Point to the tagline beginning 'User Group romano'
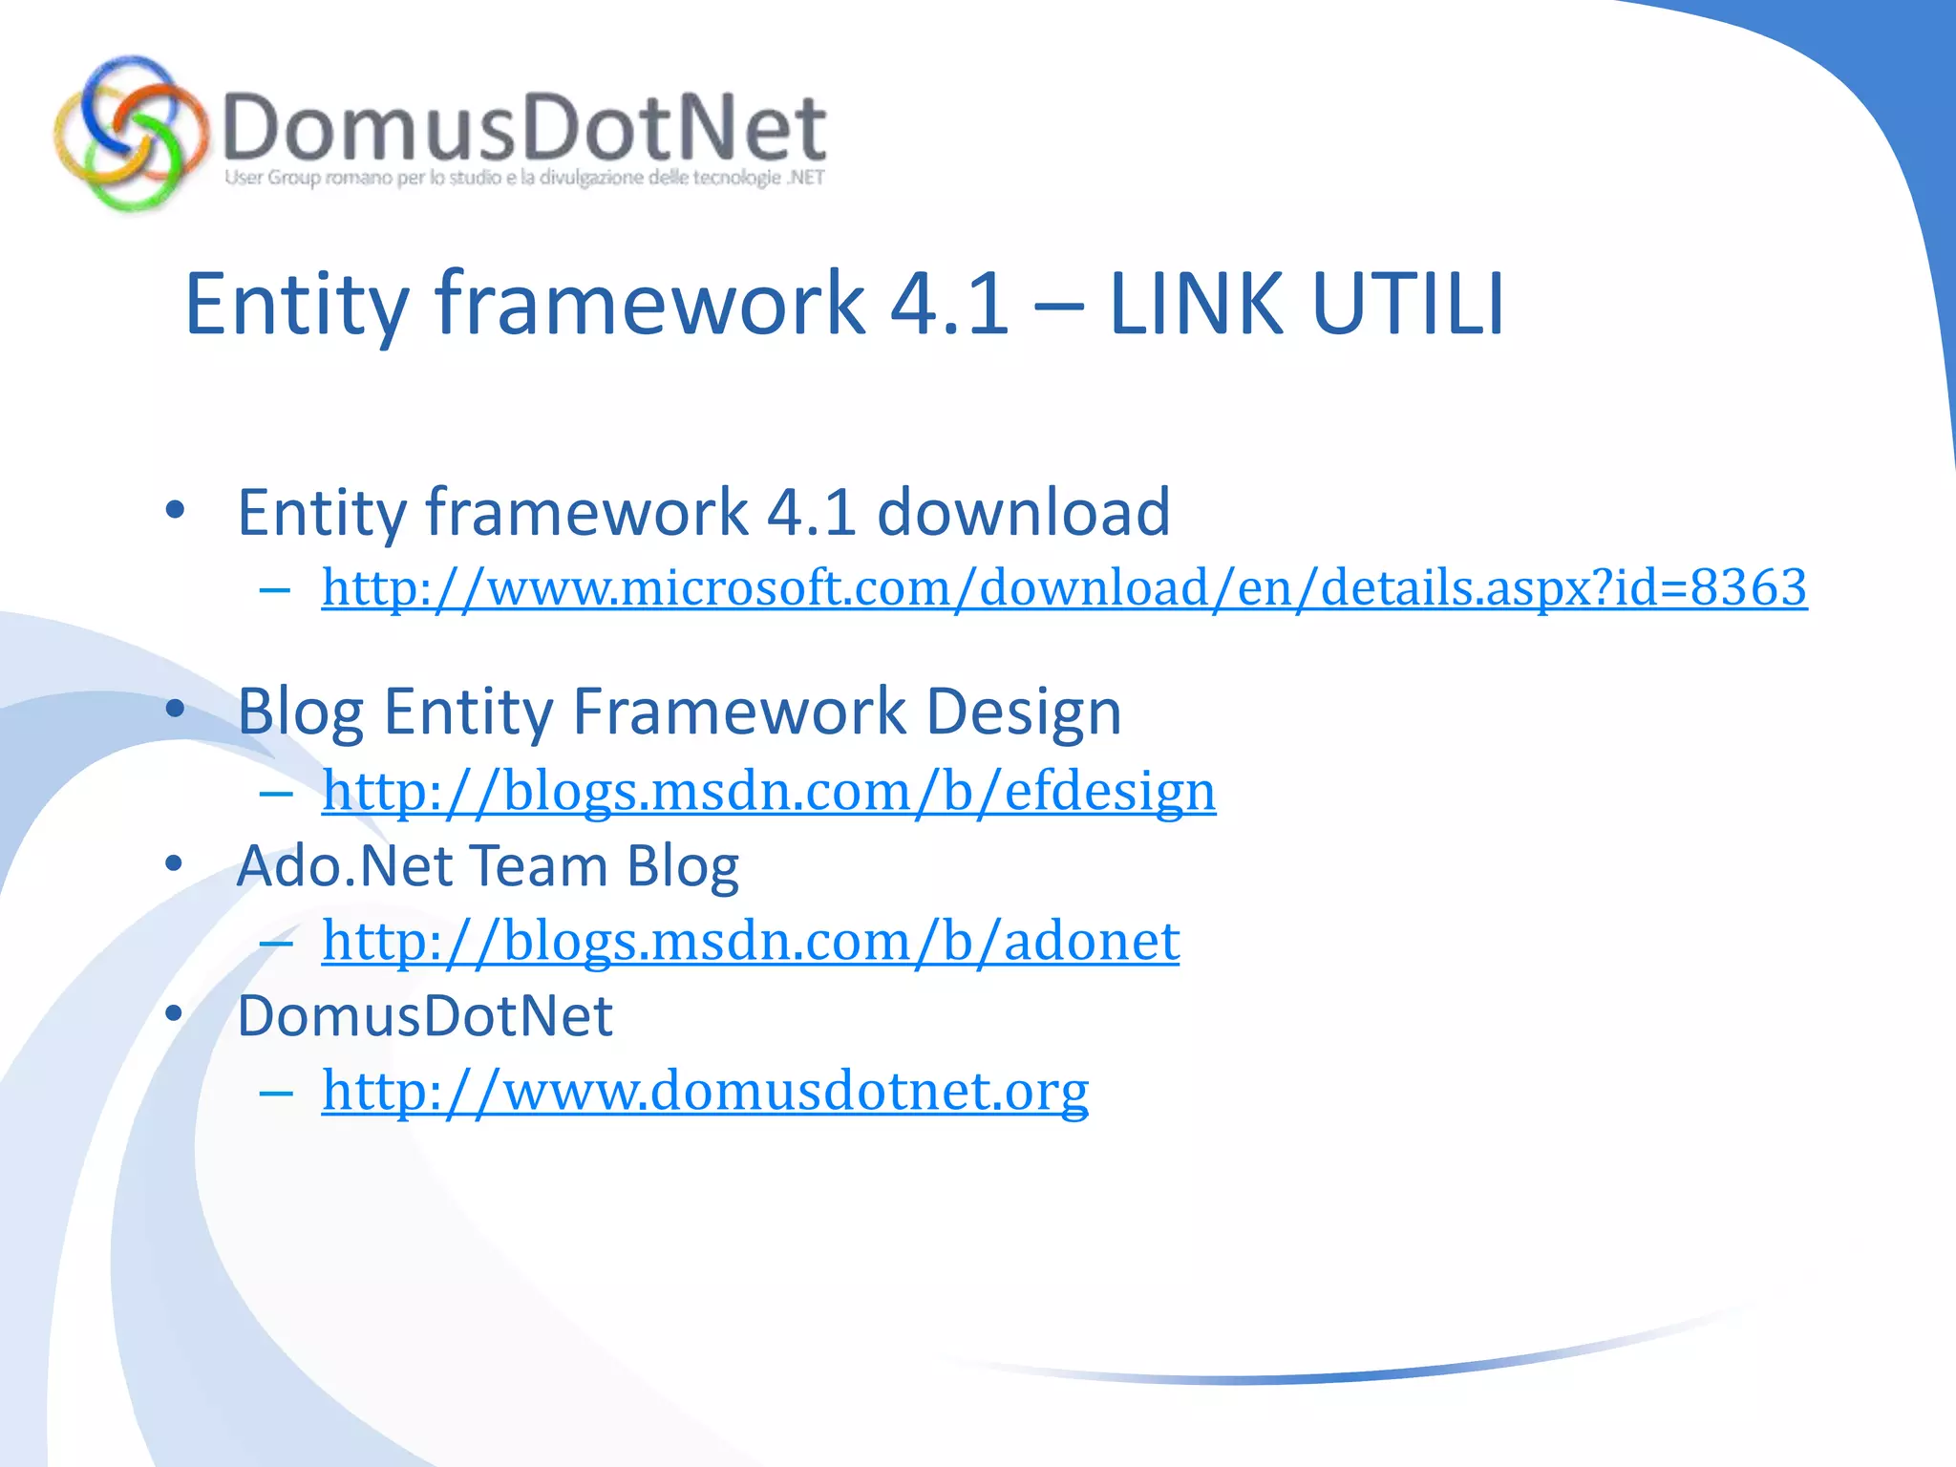[524, 178]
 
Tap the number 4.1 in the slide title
[948, 304]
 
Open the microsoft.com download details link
[1064, 586]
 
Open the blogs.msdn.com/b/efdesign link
[769, 790]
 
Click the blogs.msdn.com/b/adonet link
[751, 940]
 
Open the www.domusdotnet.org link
[705, 1090]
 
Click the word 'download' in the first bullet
[1023, 512]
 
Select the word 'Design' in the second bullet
[1023, 712]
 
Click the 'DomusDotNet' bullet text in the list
[424, 1014]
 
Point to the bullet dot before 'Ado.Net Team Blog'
[174, 864]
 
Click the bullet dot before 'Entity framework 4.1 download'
[174, 510]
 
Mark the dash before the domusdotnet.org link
[275, 1092]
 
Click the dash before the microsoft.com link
[275, 589]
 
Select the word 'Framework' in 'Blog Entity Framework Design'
[739, 712]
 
